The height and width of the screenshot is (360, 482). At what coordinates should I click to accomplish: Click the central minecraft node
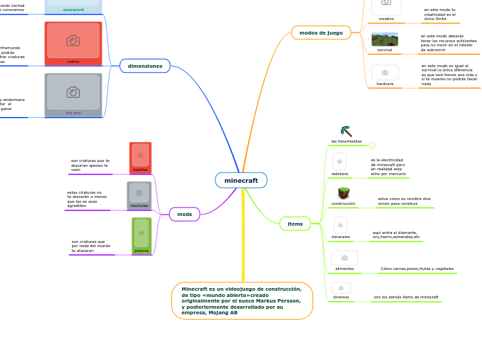click(241, 180)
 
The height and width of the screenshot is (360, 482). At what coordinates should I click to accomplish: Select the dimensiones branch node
click(145, 66)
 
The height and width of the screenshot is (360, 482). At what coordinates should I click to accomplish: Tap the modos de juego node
click(321, 33)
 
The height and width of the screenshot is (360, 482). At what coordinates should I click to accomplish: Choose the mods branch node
click(184, 214)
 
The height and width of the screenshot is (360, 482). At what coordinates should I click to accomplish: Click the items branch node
click(295, 224)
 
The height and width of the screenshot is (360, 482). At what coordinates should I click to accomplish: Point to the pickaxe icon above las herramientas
click(346, 131)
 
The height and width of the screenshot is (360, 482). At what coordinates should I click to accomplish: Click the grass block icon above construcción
click(343, 193)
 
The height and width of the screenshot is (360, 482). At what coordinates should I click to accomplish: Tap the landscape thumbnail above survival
click(384, 39)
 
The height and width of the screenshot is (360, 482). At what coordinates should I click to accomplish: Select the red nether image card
click(73, 43)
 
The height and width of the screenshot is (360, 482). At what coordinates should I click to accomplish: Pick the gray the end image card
click(73, 95)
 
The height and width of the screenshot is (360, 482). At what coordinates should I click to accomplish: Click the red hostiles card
click(141, 157)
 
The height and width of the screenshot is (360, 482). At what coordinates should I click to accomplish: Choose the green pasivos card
click(141, 235)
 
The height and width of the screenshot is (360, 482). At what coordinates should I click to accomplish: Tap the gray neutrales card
click(139, 195)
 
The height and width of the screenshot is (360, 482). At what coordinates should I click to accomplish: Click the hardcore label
click(385, 84)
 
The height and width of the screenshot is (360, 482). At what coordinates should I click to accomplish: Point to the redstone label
click(340, 174)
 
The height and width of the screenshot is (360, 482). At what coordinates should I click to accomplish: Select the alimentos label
click(344, 268)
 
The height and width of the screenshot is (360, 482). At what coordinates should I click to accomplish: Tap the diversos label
click(341, 297)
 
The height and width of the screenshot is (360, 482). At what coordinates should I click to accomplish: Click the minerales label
click(340, 237)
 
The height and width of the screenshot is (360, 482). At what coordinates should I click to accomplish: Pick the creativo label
click(386, 19)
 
